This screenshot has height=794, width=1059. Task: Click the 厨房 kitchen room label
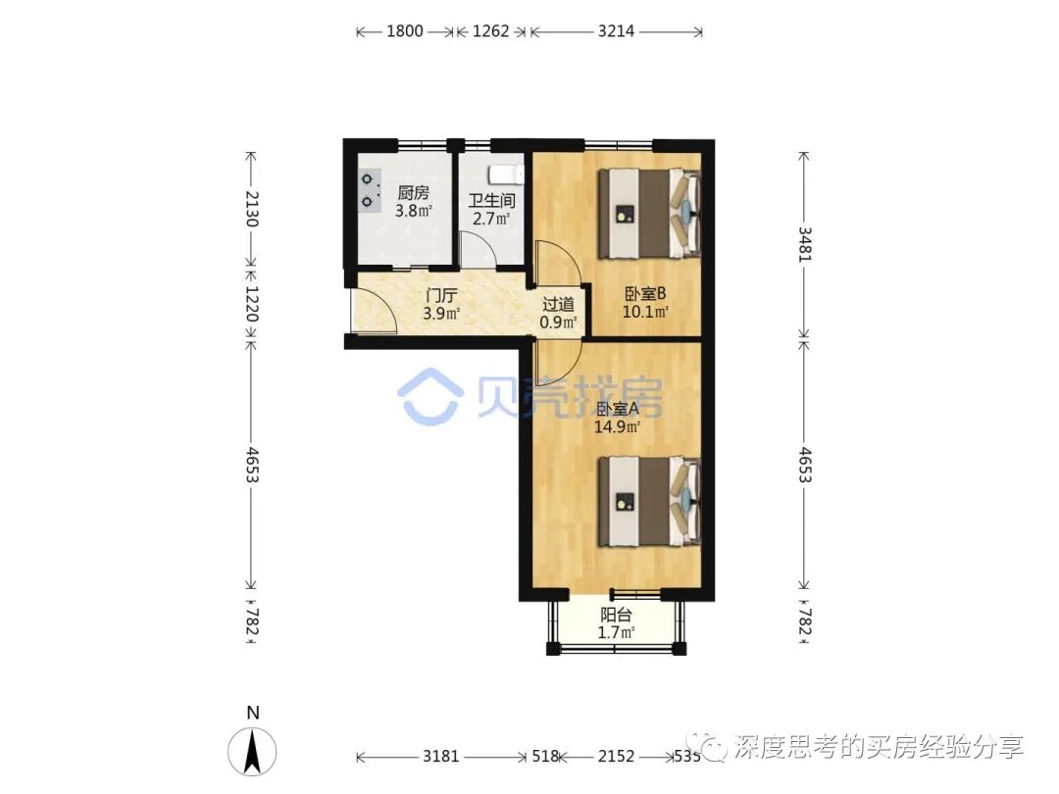(413, 192)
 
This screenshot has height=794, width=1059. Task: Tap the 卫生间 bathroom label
(491, 201)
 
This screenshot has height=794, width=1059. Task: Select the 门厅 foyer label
(441, 296)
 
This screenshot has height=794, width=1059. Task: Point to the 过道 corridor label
(559, 305)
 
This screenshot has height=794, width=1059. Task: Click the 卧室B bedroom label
(645, 294)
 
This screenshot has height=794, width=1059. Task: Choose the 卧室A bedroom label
(618, 409)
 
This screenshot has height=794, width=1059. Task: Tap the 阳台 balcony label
(616, 615)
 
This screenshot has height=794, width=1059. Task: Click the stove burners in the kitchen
(368, 191)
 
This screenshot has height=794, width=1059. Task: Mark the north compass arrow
(253, 752)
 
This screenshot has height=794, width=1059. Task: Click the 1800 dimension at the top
(405, 31)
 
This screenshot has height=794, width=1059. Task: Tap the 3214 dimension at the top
(616, 31)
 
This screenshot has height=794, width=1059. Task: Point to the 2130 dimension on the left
(251, 209)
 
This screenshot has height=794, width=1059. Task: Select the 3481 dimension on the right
(804, 244)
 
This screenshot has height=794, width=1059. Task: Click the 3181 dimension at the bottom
(441, 756)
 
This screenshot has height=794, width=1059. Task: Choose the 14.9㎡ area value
(618, 426)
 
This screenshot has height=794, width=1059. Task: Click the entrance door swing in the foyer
(374, 311)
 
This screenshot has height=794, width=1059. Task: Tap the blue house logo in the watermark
(429, 397)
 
